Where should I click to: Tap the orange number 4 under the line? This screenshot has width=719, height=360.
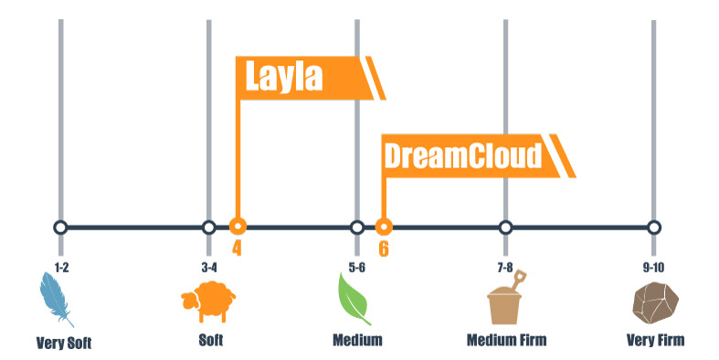click(x=237, y=248)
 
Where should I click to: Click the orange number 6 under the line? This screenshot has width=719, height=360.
click(x=384, y=248)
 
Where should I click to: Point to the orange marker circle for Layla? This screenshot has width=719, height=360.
click(x=238, y=227)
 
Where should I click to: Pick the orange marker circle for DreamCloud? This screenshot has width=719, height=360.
click(x=385, y=227)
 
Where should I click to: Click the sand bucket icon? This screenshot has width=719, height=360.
click(x=505, y=300)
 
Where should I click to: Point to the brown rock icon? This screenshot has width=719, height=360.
click(x=654, y=302)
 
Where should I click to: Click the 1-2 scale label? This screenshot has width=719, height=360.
click(x=60, y=267)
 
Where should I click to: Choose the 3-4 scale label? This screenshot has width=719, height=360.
click(x=208, y=267)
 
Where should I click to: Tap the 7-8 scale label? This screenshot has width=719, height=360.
click(x=505, y=267)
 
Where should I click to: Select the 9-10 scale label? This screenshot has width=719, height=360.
click(x=654, y=267)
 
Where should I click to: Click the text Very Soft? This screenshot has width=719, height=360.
click(x=64, y=344)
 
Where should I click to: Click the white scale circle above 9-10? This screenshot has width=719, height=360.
click(x=654, y=227)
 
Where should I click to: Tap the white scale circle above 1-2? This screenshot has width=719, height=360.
click(x=60, y=227)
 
